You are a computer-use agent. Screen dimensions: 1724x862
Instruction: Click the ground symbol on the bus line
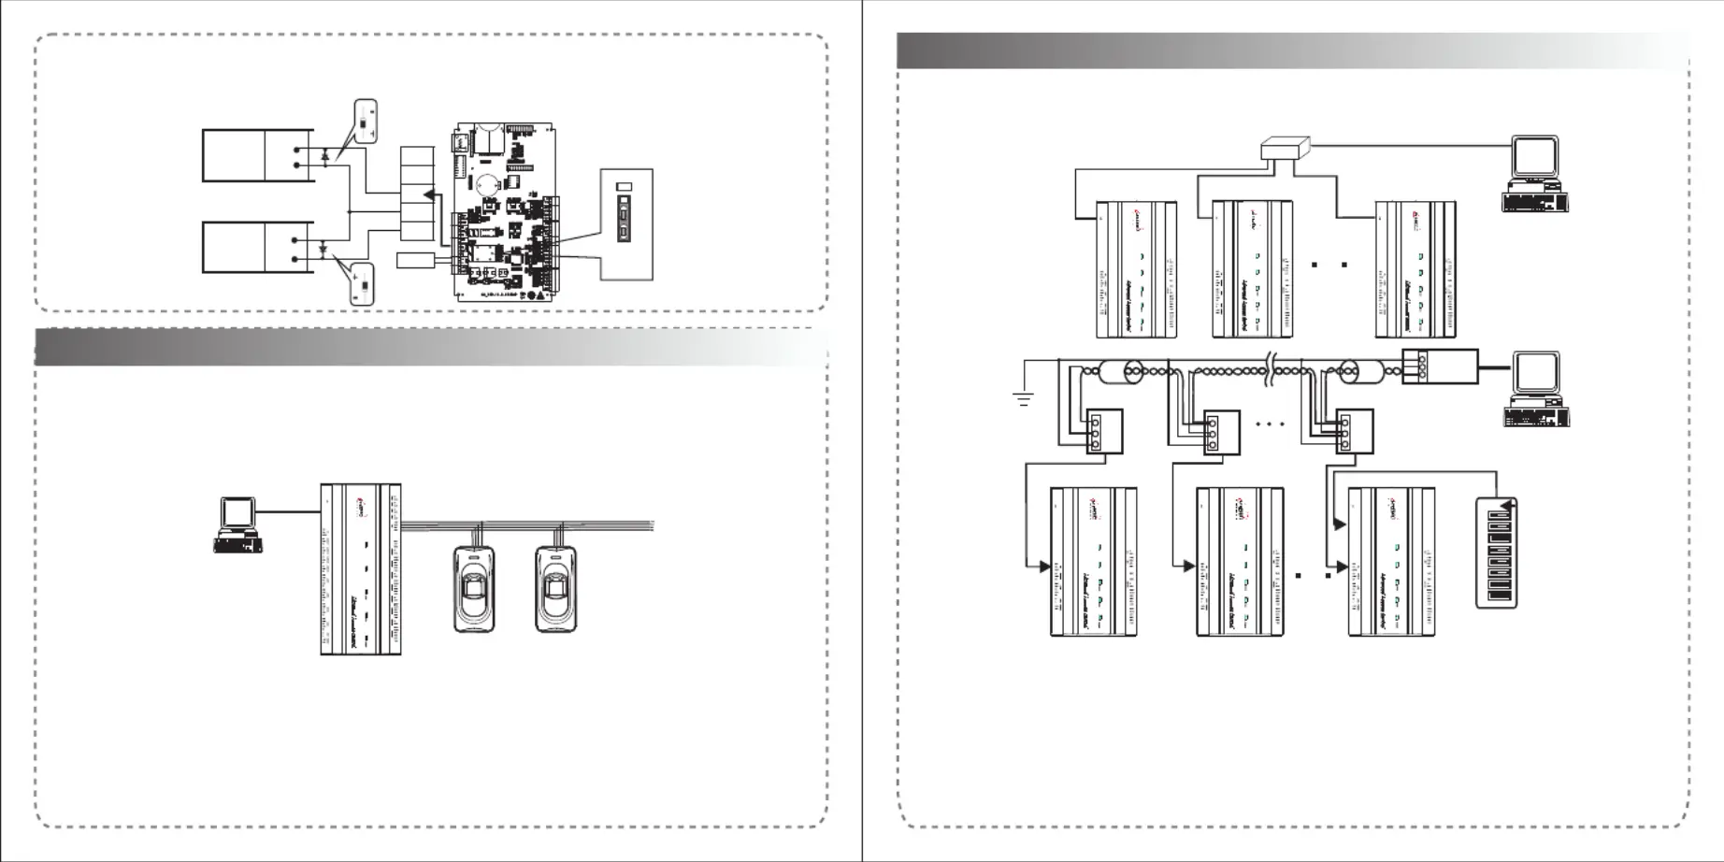[x=1023, y=399]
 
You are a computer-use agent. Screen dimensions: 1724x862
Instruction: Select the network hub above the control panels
[x=1286, y=148]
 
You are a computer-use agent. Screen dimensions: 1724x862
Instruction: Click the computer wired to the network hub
[x=1535, y=174]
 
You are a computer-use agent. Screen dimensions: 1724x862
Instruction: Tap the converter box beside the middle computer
[x=1440, y=366]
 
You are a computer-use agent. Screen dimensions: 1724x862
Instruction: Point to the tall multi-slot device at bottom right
[x=1496, y=553]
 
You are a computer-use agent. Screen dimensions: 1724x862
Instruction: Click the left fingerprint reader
[x=474, y=588]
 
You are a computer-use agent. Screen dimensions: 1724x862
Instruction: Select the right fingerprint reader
[x=555, y=588]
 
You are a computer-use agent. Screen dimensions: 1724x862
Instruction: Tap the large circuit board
[x=507, y=212]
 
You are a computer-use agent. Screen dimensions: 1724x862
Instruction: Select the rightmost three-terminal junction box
[x=1355, y=432]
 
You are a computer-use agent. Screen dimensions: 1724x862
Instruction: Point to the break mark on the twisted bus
[x=1270, y=370]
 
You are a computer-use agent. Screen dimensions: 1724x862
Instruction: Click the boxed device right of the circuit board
[x=625, y=224]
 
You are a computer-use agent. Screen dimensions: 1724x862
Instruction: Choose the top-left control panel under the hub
[x=1135, y=269]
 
